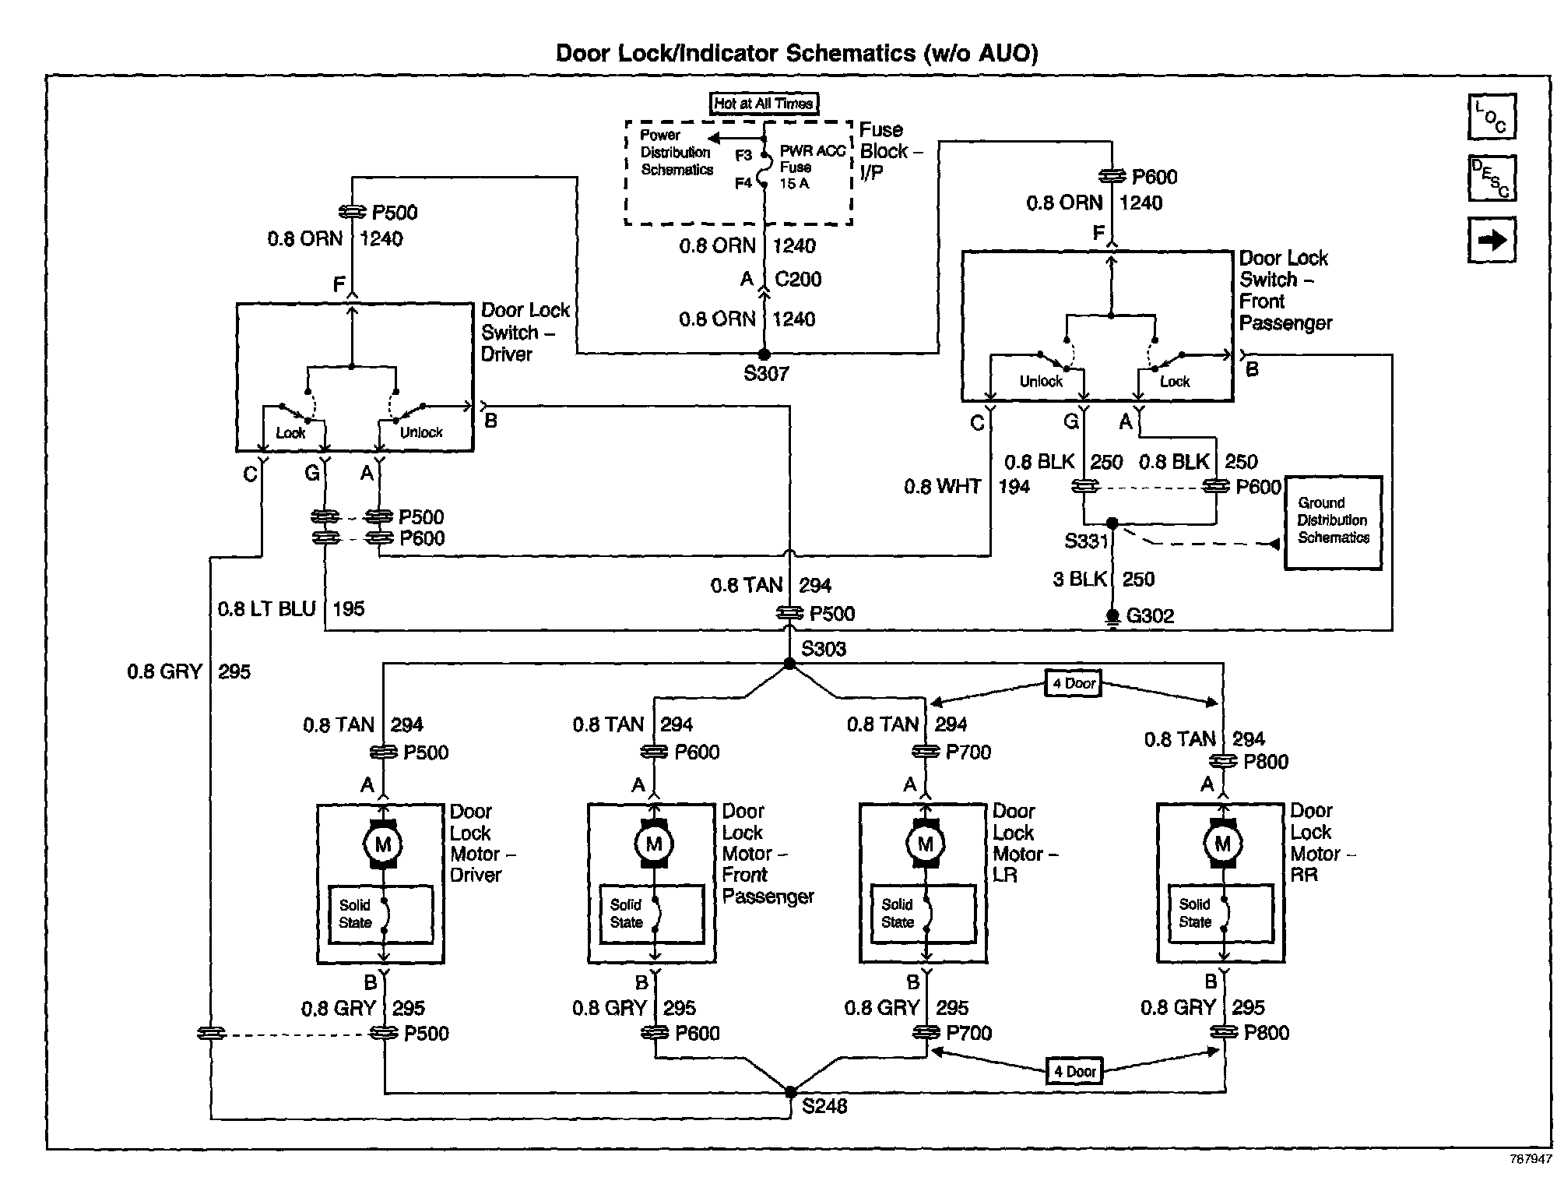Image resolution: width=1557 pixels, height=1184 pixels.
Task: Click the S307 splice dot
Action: click(764, 354)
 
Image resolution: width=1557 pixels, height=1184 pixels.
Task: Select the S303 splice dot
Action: click(789, 664)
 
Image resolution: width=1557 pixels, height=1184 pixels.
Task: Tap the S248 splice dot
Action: click(790, 1091)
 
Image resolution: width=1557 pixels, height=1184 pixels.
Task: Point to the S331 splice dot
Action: click(1112, 523)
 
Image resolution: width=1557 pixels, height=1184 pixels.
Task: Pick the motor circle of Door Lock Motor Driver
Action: click(382, 844)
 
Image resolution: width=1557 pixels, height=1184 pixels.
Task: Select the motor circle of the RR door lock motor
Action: click(1222, 844)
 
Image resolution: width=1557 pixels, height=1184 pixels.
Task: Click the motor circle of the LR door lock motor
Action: click(925, 844)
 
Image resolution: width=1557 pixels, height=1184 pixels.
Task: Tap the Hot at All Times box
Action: click(764, 104)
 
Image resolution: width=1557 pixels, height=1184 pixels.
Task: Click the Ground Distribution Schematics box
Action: click(1333, 523)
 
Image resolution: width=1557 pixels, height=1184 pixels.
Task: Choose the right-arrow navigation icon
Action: click(1492, 240)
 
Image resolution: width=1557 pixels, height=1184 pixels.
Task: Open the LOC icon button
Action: click(1492, 117)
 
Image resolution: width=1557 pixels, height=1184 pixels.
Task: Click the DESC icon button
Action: click(1492, 178)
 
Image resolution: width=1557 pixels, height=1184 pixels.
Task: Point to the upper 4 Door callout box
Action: click(1074, 684)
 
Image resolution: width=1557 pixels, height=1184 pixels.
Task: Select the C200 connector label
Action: click(798, 279)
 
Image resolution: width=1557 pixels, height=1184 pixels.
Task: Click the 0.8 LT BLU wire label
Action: click(267, 609)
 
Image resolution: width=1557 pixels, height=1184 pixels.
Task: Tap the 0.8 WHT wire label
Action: click(942, 487)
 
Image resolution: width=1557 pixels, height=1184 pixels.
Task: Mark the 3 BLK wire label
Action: click(1080, 580)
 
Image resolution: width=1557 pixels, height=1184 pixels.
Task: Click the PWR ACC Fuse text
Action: click(813, 159)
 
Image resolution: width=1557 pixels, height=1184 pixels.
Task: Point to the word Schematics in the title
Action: click(851, 53)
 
